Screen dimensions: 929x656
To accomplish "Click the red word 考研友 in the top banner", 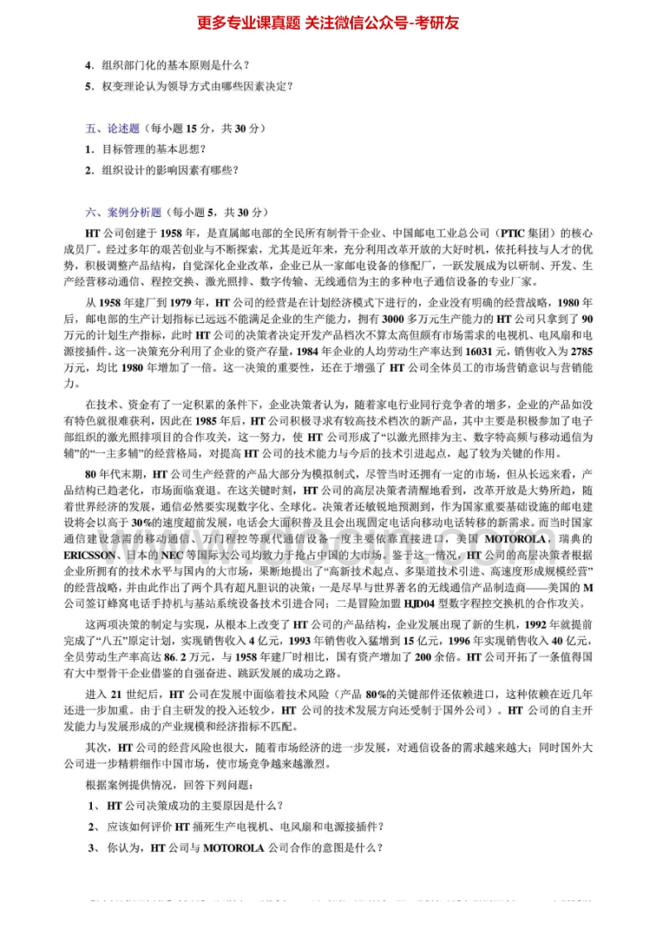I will point(437,22).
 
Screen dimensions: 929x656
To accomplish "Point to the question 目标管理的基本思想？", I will point(152,149).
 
